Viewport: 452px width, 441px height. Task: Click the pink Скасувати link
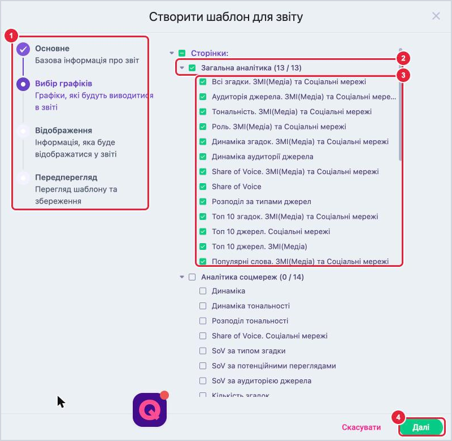[361, 427]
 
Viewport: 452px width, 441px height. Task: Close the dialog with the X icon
[436, 16]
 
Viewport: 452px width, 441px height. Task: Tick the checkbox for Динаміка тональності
[203, 306]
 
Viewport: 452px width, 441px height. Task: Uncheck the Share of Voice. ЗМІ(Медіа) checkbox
[203, 172]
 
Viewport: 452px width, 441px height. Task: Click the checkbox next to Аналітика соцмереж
[192, 277]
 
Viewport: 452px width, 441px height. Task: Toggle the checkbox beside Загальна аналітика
[192, 68]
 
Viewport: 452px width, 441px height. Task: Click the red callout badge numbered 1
[11, 36]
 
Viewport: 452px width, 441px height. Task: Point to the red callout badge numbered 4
[398, 417]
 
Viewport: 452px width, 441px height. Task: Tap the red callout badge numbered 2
[403, 58]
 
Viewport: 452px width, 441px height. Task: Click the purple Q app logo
[150, 409]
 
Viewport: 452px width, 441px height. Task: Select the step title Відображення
[63, 131]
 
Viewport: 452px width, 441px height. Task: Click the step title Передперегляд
[66, 177]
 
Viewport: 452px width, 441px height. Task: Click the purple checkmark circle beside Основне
[23, 49]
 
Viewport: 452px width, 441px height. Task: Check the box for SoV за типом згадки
[203, 351]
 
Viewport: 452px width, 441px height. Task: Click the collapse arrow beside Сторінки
[172, 53]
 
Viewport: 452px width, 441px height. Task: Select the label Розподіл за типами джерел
[261, 202]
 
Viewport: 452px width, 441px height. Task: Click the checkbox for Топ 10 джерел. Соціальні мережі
[203, 232]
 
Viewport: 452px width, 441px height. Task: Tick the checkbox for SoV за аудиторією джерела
[203, 381]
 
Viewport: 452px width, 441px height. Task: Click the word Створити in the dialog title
[176, 17]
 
